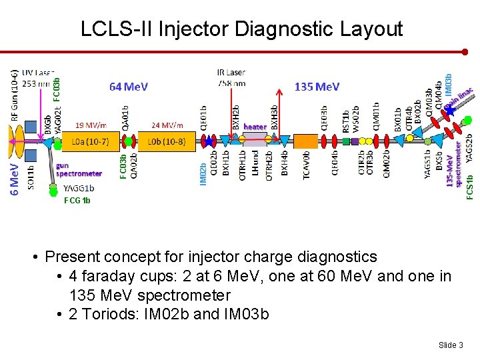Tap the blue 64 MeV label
click(129, 87)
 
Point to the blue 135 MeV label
click(317, 87)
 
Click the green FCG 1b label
click(77, 200)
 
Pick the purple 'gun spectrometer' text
click(79, 169)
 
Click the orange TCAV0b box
click(306, 141)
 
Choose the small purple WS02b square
click(356, 141)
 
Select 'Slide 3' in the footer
click(450, 345)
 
